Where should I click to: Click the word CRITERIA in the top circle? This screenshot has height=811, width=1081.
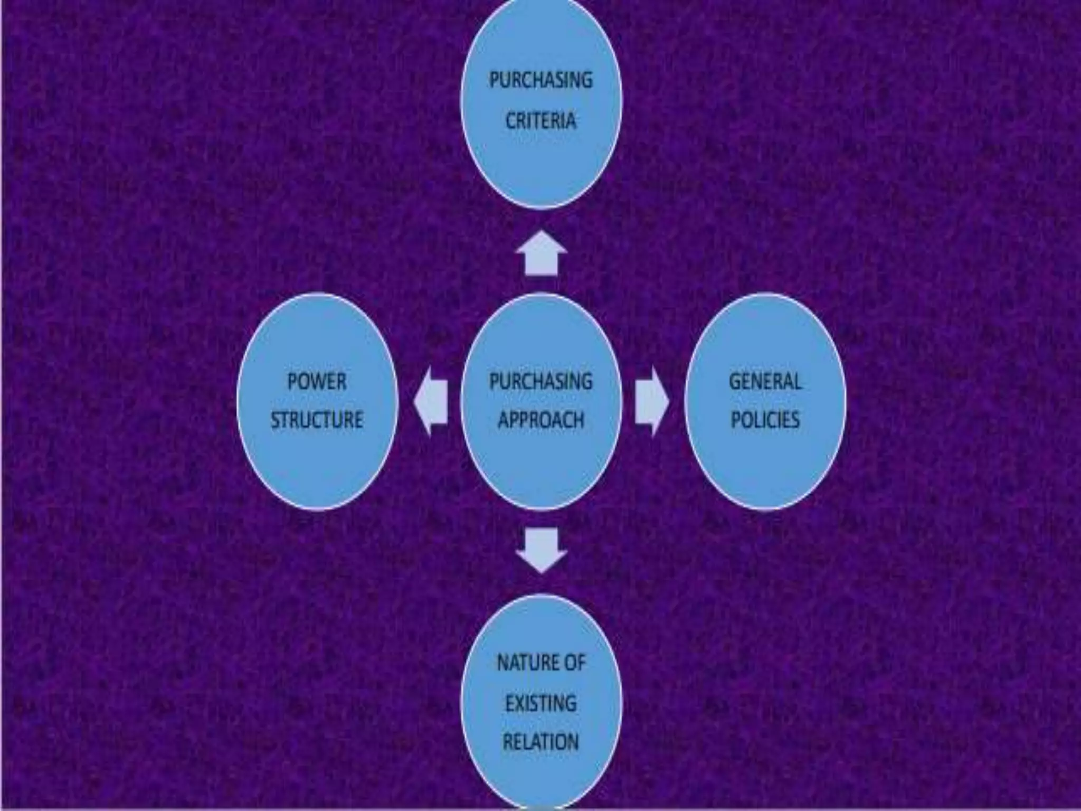(540, 121)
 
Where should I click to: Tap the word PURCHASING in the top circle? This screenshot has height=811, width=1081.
(540, 80)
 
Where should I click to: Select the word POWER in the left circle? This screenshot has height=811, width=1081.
(317, 381)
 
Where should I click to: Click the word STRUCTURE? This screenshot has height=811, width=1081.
(317, 420)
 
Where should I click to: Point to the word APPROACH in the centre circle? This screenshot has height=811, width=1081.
(541, 420)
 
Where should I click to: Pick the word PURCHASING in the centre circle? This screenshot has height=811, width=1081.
(540, 381)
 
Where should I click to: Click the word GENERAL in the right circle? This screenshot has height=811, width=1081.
(765, 381)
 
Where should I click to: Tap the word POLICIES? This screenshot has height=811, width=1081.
(765, 420)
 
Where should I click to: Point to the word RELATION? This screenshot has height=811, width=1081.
(540, 742)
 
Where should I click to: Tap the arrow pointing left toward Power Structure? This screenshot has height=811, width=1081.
(431, 401)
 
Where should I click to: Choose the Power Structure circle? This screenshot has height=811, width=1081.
(317, 465)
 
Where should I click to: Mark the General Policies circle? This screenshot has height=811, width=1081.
(765, 465)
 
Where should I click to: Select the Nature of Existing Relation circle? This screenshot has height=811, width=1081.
(541, 776)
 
